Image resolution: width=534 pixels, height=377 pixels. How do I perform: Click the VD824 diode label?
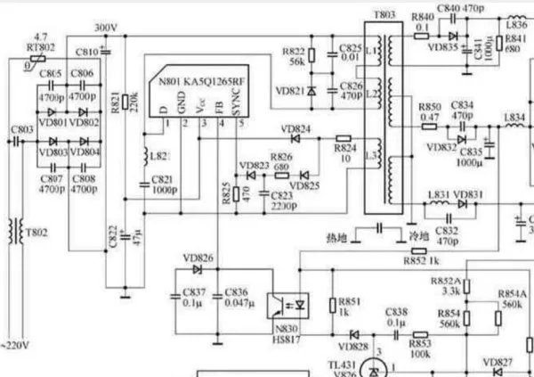pos(296,129)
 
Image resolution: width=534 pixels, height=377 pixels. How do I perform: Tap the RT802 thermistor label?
pos(37,46)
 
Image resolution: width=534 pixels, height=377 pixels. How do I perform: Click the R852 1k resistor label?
pos(419,261)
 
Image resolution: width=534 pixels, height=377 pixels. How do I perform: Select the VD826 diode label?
pos(198,258)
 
